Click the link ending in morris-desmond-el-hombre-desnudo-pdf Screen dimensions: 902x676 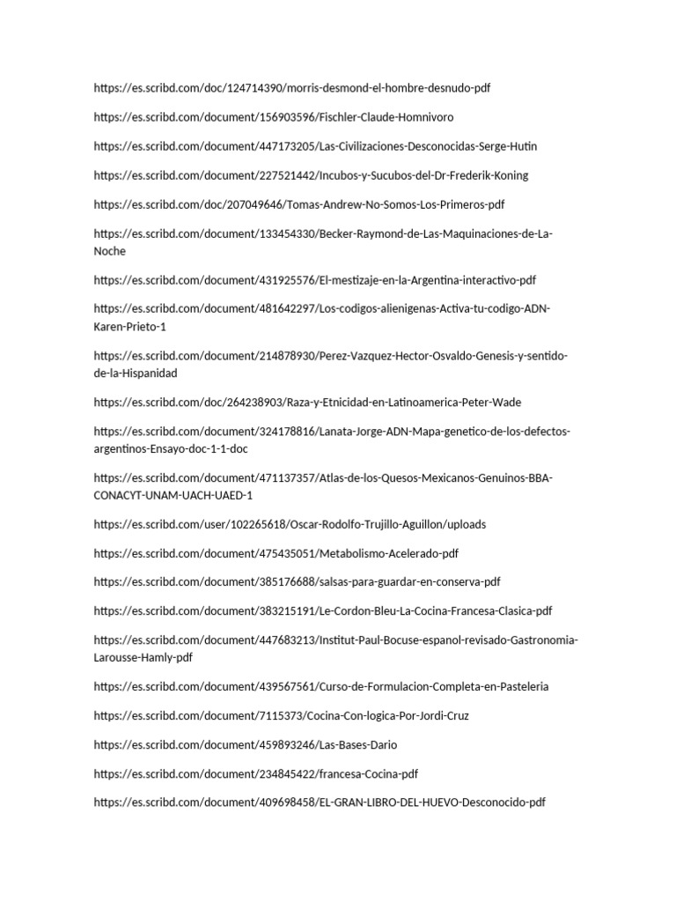[291, 89]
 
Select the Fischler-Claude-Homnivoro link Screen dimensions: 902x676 [274, 118]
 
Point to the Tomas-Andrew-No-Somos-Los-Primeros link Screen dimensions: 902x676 [298, 205]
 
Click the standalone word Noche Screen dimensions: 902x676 [110, 252]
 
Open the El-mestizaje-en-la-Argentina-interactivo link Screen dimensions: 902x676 [314, 281]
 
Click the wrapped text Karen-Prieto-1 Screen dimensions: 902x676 [129, 328]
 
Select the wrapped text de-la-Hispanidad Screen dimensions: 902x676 [136, 373]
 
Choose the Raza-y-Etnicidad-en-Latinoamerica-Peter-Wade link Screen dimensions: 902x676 [307, 403]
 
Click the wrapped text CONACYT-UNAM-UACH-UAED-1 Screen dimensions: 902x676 [173, 496]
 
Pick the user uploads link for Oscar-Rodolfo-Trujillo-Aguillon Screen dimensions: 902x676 [290, 525]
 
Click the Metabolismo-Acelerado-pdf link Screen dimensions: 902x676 [276, 554]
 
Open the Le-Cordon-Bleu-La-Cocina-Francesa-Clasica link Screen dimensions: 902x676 [323, 611]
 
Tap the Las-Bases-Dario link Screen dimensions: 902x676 [246, 745]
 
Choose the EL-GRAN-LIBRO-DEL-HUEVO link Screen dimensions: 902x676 [320, 803]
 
